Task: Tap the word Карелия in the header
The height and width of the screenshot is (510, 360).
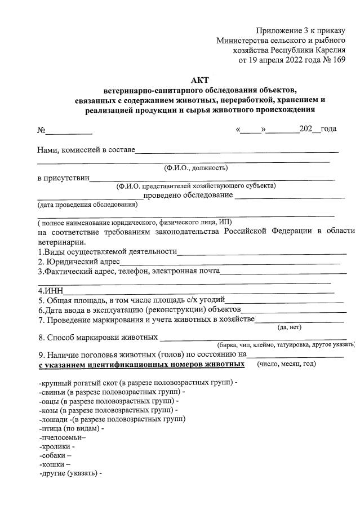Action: point(328,50)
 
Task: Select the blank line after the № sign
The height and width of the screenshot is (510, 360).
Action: point(69,132)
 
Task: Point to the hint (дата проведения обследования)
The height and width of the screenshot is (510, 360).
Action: point(87,204)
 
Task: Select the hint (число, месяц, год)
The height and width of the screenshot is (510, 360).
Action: point(286,364)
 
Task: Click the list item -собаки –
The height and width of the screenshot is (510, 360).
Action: point(55,455)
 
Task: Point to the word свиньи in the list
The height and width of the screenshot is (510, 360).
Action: point(53,392)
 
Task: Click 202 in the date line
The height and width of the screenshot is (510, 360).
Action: point(305,129)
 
